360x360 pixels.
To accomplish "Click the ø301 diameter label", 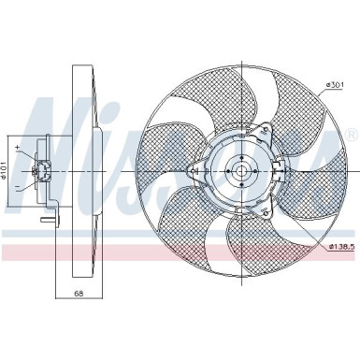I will [x=335, y=85].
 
